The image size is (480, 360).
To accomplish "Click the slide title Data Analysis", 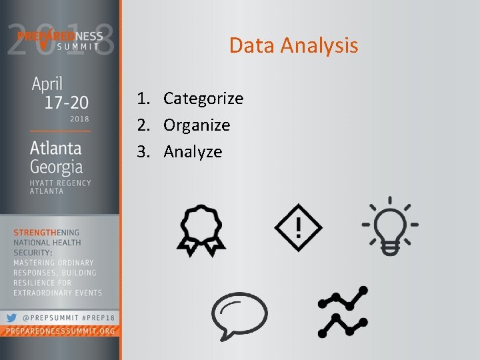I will (x=293, y=45).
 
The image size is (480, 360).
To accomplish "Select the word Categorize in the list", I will (x=203, y=99).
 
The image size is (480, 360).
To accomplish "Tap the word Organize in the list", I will (x=197, y=125).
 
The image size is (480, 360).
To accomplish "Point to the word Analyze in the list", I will (x=193, y=152).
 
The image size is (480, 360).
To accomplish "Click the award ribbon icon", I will (x=201, y=229).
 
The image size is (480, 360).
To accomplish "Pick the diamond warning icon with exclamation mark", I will (x=298, y=227).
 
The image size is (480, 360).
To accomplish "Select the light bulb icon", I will (x=390, y=225).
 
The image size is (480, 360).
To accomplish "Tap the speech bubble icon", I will (x=239, y=313).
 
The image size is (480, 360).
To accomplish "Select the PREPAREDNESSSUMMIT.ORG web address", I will (x=59, y=331).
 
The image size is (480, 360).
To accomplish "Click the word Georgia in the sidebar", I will (x=56, y=166).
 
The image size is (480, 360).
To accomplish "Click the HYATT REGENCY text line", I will (x=60, y=183).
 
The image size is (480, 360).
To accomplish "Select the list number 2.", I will (x=142, y=125).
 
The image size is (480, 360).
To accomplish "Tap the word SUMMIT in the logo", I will (x=77, y=46).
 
